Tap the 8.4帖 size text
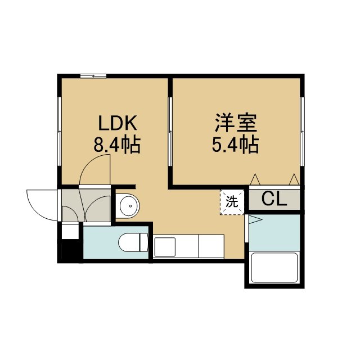pyautogui.click(x=117, y=145)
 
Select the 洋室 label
pyautogui.click(x=236, y=123)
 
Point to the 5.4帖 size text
pyautogui.click(x=235, y=145)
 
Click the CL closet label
pyautogui.click(x=274, y=199)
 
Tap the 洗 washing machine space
pyautogui.click(x=232, y=202)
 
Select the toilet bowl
pyautogui.click(x=133, y=242)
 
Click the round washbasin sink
pyautogui.click(x=128, y=206)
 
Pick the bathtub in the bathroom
pyautogui.click(x=274, y=268)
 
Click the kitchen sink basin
pyautogui.click(x=165, y=247)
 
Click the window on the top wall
pyautogui.click(x=93, y=76)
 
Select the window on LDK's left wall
pyautogui.click(x=59, y=131)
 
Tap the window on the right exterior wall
pyautogui.click(x=302, y=131)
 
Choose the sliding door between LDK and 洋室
pyautogui.click(x=170, y=131)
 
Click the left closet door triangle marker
pyautogui.click(x=255, y=179)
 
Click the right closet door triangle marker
pyautogui.click(x=294, y=179)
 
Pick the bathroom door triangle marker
pyautogui.click(x=255, y=220)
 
